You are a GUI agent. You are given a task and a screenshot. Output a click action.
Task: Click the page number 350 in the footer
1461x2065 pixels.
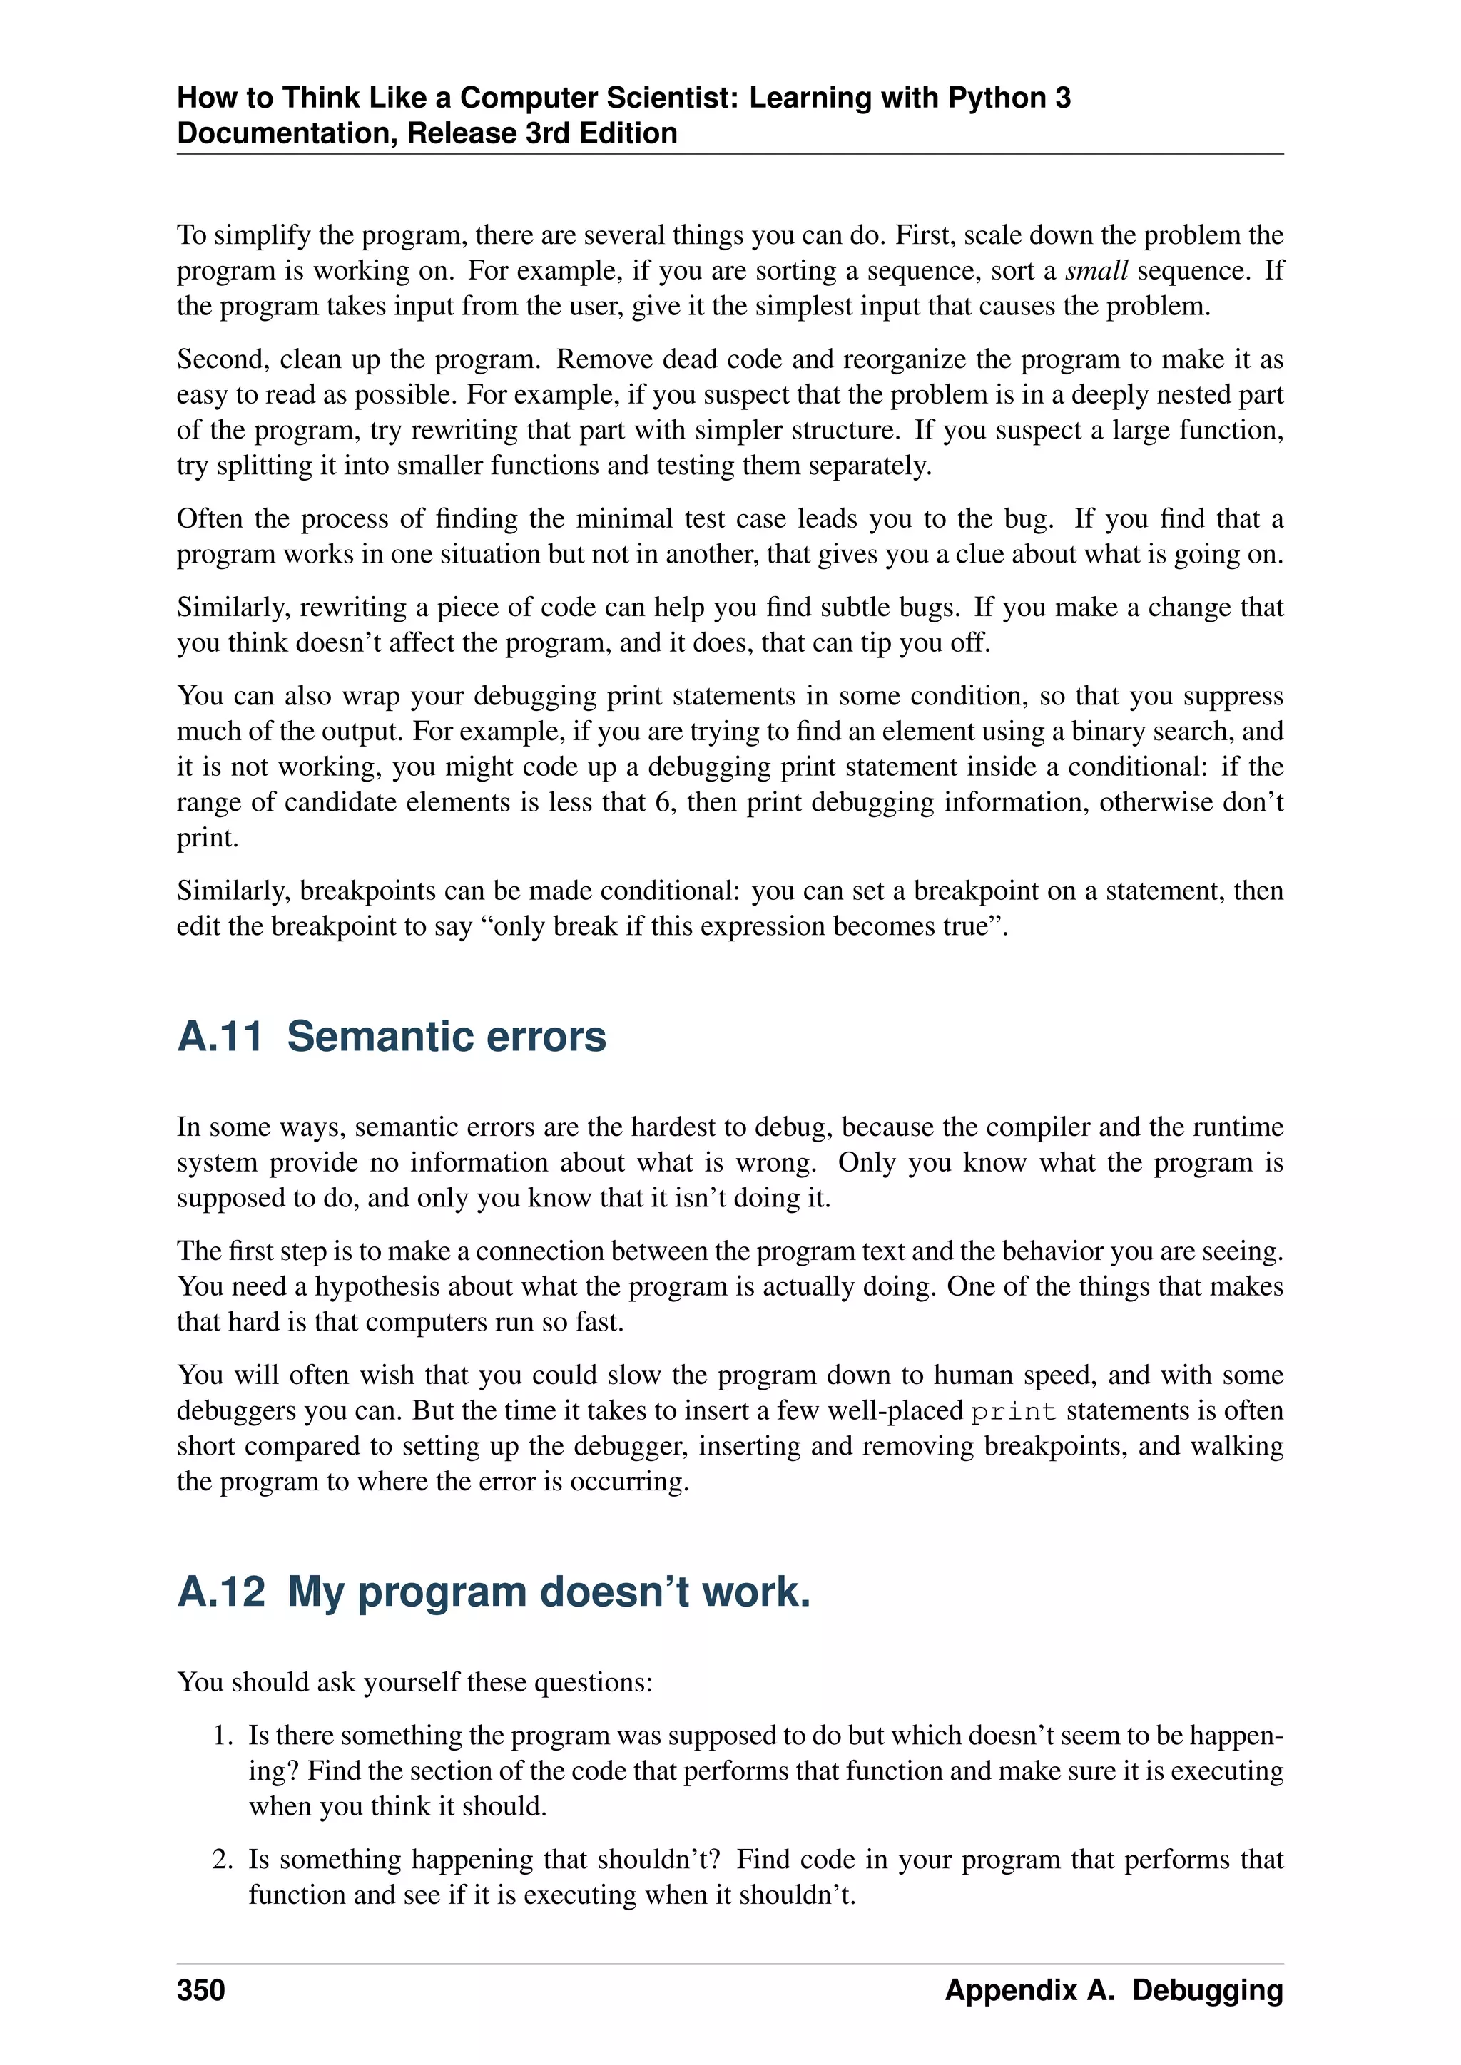point(200,1989)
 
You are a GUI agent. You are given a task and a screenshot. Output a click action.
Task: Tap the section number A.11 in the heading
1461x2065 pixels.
point(220,1036)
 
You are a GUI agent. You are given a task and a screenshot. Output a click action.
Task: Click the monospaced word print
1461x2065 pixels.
point(1013,1411)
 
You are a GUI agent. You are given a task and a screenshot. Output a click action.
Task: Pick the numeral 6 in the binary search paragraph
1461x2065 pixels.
point(663,801)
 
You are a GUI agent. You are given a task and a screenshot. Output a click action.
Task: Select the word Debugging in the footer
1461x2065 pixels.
point(1207,1989)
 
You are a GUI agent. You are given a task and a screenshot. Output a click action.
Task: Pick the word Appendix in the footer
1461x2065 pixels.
point(1010,1989)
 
